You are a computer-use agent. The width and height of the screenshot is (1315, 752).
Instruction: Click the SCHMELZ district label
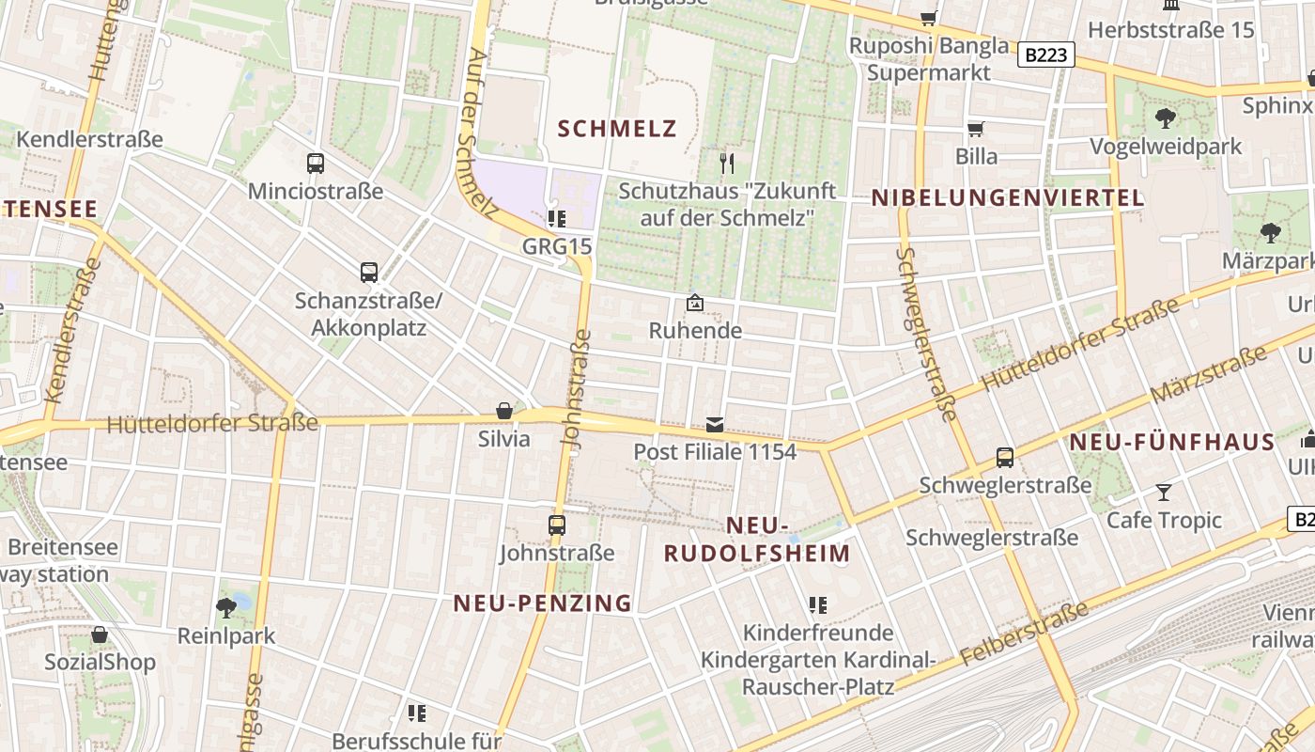(617, 129)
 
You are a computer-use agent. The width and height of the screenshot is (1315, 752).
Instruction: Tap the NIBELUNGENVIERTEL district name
(1008, 197)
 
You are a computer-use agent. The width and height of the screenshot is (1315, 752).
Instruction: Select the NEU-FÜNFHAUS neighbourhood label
(1172, 442)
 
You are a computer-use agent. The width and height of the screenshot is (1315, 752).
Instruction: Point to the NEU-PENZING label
(543, 603)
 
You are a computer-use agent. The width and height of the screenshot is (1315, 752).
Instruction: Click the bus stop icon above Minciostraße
(316, 164)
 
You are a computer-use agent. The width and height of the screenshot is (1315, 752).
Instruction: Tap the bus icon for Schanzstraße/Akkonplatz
(369, 273)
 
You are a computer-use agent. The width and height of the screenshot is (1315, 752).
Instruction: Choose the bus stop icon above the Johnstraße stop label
(557, 525)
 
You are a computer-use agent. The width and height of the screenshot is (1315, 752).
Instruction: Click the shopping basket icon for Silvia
(504, 411)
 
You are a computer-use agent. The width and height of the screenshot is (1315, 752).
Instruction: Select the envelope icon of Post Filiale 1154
(715, 425)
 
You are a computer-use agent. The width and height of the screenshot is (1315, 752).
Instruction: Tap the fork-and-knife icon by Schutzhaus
(726, 164)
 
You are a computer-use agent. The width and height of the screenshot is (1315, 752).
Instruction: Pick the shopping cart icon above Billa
(976, 128)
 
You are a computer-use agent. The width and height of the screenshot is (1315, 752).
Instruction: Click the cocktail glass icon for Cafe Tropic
(1164, 492)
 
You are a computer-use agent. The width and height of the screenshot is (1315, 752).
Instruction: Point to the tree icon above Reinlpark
(226, 607)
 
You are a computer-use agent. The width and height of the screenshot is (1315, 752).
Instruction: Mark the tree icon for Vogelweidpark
(1166, 118)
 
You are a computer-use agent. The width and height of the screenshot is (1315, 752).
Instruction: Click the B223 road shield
(1045, 55)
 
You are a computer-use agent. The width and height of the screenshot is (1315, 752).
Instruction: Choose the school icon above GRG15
(556, 219)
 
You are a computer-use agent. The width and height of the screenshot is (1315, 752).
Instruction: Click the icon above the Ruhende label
(695, 303)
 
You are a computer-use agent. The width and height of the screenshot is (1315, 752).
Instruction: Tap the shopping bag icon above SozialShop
(100, 634)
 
